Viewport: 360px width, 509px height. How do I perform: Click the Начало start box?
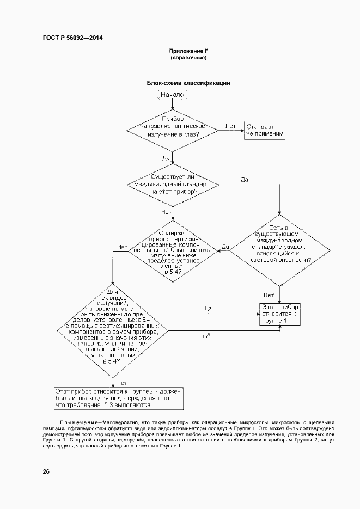(173, 95)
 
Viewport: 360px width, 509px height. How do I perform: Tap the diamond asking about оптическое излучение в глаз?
(173, 130)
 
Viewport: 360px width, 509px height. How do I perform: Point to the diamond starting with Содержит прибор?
(173, 250)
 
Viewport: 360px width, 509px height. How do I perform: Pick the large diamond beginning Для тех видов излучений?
(112, 331)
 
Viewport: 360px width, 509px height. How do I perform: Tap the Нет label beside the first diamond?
(230, 126)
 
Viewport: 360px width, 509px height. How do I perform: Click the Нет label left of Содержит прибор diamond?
(123, 247)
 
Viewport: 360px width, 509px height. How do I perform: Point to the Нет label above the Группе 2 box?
(122, 382)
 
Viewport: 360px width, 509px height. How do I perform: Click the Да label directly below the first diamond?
(166, 157)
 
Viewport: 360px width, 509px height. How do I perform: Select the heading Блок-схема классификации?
(188, 83)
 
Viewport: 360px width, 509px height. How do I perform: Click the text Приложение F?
(188, 51)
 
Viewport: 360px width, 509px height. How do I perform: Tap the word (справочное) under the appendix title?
(188, 57)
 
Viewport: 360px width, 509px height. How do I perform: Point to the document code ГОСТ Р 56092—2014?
(72, 38)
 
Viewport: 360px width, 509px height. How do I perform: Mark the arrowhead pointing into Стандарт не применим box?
(242, 130)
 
